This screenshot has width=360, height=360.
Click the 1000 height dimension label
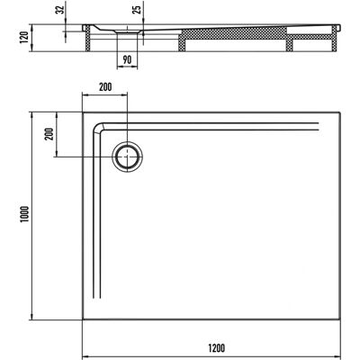tap(24, 214)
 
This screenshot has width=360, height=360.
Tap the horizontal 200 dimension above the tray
tap(105, 87)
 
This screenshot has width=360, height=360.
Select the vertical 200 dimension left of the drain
tap(49, 134)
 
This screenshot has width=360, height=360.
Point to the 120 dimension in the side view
tap(24, 37)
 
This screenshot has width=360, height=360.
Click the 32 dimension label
tap(61, 10)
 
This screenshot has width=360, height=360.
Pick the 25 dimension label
tap(137, 10)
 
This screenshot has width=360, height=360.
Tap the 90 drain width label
tap(127, 59)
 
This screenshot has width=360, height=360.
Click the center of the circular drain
tap(128, 157)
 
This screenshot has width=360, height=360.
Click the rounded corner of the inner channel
tap(97, 127)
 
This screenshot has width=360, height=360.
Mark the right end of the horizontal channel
tap(318, 126)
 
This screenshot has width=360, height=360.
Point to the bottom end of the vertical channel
tap(96, 298)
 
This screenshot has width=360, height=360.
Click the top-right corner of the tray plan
tap(340, 112)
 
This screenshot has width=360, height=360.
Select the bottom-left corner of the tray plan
tap(83, 319)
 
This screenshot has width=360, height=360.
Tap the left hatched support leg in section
tap(88, 38)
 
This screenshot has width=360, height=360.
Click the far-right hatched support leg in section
tap(335, 39)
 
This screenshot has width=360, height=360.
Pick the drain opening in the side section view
tap(127, 31)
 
